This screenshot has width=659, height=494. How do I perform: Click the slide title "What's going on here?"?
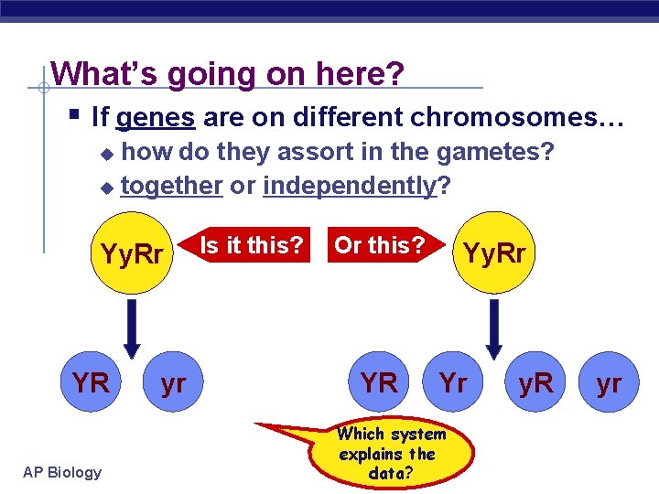pos(227,72)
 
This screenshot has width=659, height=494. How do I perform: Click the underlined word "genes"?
pos(156,117)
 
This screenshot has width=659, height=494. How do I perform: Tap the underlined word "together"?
pos(172,186)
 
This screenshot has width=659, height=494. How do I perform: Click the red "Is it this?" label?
pos(251,245)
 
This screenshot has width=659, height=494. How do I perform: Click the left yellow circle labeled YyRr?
pos(132,253)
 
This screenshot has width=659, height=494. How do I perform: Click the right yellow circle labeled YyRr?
pos(494,252)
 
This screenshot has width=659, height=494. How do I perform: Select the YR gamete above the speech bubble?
pos(379,382)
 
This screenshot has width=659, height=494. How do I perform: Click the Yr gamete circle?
pos(453,382)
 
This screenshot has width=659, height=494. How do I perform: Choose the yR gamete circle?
pos(535,382)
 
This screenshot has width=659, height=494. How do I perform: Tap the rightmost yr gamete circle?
pos(609,382)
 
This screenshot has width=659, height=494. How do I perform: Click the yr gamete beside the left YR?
pos(173,382)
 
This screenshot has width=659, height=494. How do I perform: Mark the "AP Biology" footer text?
pos(63,472)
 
